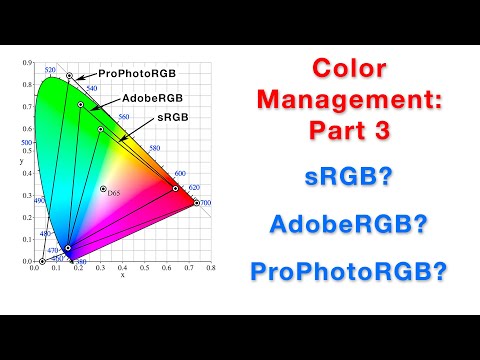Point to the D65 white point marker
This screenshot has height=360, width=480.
point(103,188)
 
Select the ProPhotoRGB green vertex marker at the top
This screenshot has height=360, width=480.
point(69,75)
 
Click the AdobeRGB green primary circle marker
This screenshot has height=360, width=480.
point(80,104)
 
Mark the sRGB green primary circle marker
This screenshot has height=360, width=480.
point(100,129)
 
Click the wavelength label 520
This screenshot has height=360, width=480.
point(50,70)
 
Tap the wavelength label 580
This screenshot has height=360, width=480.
point(154,149)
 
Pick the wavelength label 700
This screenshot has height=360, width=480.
point(205,203)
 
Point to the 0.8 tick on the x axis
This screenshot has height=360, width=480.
point(211,267)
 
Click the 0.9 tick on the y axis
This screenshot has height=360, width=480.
point(28,63)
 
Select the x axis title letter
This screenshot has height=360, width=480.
point(122,274)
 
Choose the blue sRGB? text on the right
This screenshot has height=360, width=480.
point(349,178)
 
